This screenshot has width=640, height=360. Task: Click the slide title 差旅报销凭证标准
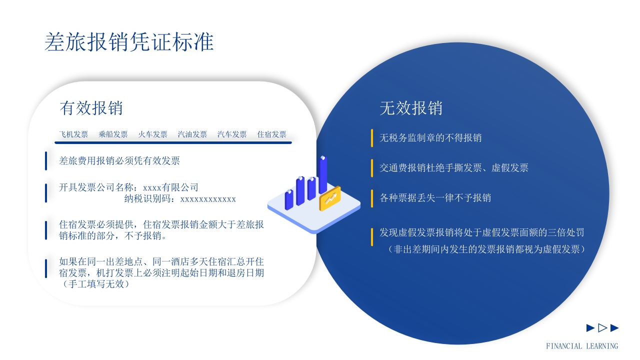129,42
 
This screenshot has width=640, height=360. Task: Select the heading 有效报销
91,107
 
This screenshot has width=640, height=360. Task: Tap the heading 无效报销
411,108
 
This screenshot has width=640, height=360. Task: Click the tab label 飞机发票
73,134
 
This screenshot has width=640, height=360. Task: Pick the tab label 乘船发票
113,134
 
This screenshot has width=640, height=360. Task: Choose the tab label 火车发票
152,134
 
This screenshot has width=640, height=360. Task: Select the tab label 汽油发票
192,134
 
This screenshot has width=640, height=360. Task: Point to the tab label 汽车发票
232,134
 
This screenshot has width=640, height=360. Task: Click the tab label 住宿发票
271,134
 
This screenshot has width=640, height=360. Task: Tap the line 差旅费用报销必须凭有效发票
119,160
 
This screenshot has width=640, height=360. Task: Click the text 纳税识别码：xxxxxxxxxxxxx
180,199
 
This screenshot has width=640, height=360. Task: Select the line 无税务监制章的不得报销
430,137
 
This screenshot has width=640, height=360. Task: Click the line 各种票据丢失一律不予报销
435,197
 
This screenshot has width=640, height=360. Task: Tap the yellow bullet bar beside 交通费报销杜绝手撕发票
372,168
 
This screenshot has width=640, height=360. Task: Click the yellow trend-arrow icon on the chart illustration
330,198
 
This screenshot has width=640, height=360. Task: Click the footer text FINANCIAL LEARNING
581,346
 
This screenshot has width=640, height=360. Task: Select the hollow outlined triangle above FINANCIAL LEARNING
602,328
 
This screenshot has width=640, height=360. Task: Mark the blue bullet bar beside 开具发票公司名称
46,193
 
